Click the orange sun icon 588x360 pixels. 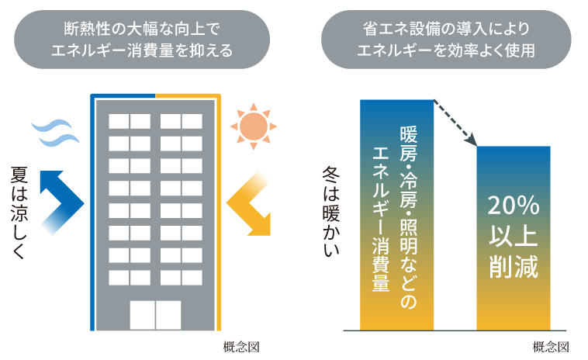(x=251, y=124)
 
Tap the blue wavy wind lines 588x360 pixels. (x=55, y=132)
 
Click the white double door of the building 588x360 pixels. (x=155, y=314)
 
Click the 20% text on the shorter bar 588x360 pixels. (x=513, y=206)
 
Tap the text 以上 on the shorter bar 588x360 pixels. (x=513, y=237)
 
